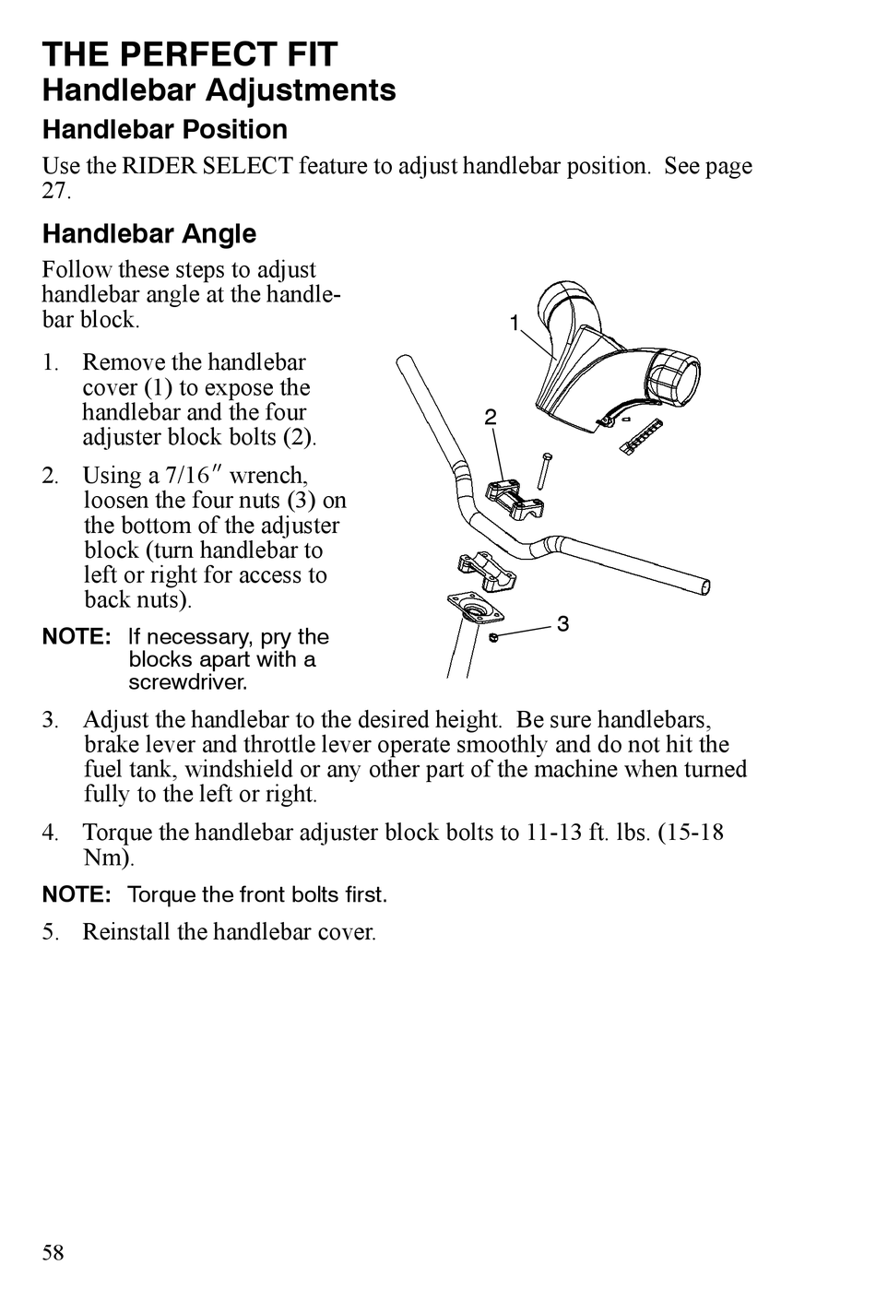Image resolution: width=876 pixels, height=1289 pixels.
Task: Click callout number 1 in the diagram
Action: tap(515, 323)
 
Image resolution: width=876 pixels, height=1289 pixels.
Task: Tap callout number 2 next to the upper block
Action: tap(491, 418)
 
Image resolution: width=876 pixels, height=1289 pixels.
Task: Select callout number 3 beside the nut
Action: tap(562, 624)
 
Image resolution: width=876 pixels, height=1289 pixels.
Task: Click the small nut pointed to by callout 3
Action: tap(494, 637)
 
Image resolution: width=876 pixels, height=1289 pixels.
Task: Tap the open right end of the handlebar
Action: tap(705, 586)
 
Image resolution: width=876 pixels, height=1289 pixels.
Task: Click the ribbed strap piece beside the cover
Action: tap(643, 434)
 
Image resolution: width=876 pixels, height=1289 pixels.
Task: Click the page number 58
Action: tap(53, 1252)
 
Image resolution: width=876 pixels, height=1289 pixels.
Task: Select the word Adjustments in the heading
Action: tap(301, 90)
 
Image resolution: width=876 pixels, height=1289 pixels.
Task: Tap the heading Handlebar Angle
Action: tap(149, 233)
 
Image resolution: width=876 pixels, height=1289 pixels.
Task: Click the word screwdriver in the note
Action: tap(188, 683)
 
